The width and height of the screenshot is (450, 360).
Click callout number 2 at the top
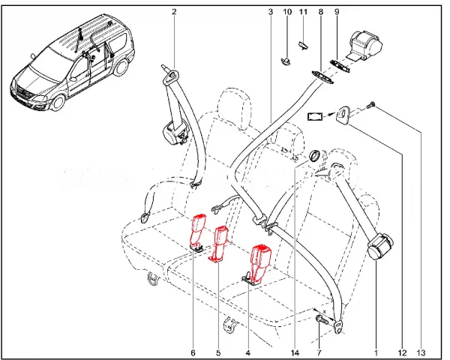pyautogui.click(x=174, y=12)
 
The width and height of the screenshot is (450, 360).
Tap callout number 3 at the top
pyautogui.click(x=271, y=12)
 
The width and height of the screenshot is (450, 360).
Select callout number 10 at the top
pyautogui.click(x=287, y=12)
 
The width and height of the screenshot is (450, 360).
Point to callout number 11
pyautogui.click(x=303, y=12)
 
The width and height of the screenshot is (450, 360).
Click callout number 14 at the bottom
pyautogui.click(x=295, y=352)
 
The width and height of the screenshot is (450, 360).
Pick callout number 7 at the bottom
pyautogui.click(x=319, y=352)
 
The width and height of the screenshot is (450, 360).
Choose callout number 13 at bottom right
pyautogui.click(x=421, y=352)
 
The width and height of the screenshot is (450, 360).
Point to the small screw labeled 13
pyautogui.click(x=371, y=105)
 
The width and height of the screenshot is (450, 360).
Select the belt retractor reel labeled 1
pyautogui.click(x=379, y=247)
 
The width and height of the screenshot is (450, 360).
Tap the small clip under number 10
pyautogui.click(x=286, y=61)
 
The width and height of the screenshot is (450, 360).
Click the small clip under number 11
pyautogui.click(x=303, y=45)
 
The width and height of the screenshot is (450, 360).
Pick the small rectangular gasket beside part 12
pyautogui.click(x=315, y=116)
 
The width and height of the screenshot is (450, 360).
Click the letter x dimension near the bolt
pyautogui.click(x=325, y=311)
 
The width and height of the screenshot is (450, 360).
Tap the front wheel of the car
pyautogui.click(x=57, y=101)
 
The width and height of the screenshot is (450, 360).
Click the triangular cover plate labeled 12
pyautogui.click(x=343, y=115)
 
